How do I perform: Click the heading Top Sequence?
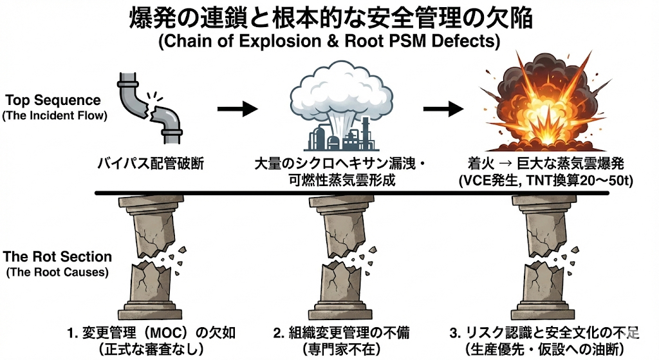tap(53, 100)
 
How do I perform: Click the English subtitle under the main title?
tap(329, 43)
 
